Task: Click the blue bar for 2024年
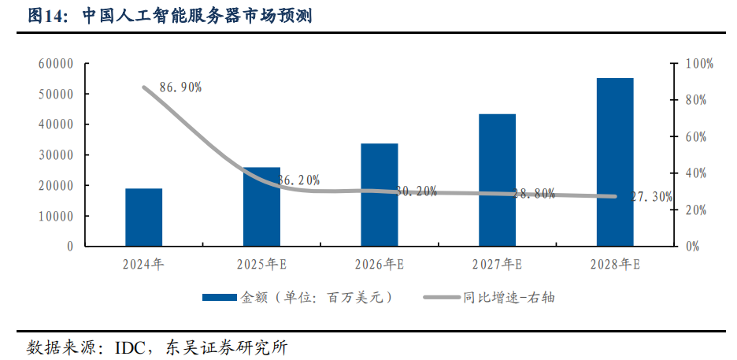coord(143,217)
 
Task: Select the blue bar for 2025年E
coord(261,206)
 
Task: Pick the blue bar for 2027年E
coord(497,180)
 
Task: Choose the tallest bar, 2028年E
coord(615,161)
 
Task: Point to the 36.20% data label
coord(298,180)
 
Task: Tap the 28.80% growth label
coord(533,193)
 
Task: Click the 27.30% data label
coord(651,197)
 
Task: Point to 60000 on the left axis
coord(56,64)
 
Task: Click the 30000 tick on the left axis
coord(56,155)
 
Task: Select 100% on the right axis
coord(698,64)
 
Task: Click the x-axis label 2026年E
coord(379,265)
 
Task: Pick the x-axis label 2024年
coord(143,265)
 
